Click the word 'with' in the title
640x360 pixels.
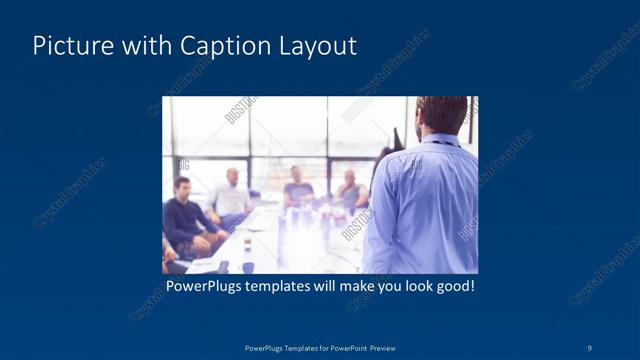[x=140, y=46]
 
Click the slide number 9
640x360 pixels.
[x=589, y=347]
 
